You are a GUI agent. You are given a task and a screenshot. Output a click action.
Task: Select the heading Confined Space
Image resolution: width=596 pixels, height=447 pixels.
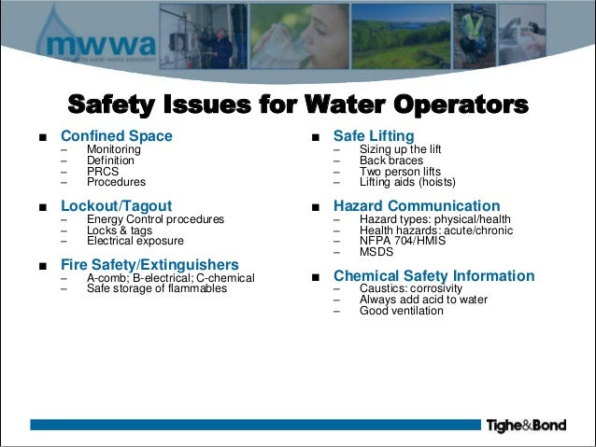click(116, 136)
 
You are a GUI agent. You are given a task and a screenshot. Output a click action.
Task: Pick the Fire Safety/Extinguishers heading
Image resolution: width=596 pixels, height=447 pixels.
click(149, 264)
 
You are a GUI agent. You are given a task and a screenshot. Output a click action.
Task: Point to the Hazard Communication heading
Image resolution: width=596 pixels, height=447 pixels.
click(417, 205)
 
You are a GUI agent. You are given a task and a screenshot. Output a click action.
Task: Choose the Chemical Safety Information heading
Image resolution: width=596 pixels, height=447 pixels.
click(433, 276)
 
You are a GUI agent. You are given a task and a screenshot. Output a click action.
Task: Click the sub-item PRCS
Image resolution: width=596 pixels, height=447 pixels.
click(103, 172)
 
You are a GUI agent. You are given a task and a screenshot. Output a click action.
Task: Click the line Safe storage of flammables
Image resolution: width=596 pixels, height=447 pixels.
click(156, 288)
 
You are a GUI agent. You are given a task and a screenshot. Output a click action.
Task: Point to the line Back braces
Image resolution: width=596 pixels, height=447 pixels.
click(391, 161)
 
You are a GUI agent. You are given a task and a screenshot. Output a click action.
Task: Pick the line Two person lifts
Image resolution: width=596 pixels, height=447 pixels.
click(399, 172)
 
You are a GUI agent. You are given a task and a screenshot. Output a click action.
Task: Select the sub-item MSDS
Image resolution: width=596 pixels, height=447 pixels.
click(376, 252)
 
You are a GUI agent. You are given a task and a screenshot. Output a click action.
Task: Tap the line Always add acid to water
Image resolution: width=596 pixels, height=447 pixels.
click(423, 300)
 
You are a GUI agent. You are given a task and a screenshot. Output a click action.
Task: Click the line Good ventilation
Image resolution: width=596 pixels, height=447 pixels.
click(401, 311)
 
